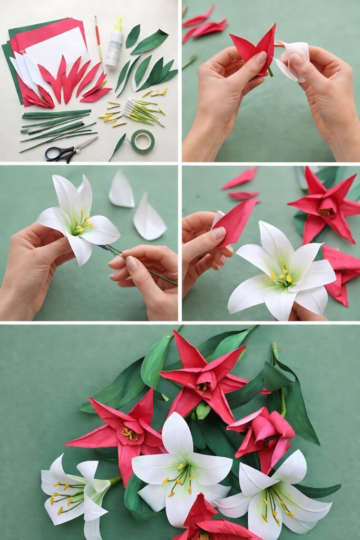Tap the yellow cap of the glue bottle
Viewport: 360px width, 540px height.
click(x=118, y=23)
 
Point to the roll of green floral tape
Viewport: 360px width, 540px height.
click(x=142, y=141)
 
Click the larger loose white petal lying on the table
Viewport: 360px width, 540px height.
click(x=149, y=218)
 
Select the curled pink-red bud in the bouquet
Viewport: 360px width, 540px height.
click(x=264, y=432)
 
